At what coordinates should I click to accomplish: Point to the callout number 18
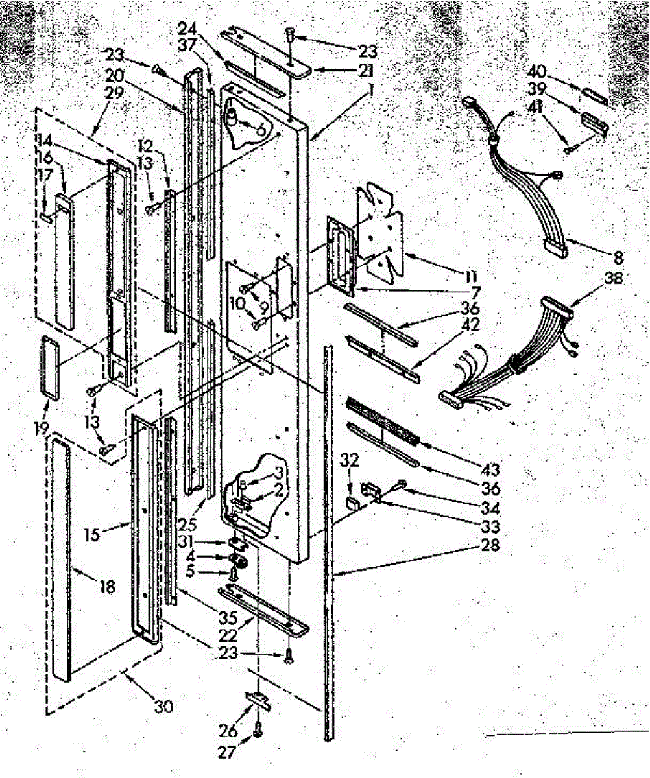coord(106,587)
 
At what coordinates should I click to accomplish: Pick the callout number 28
coord(490,545)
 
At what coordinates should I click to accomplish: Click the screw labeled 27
coord(258,731)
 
